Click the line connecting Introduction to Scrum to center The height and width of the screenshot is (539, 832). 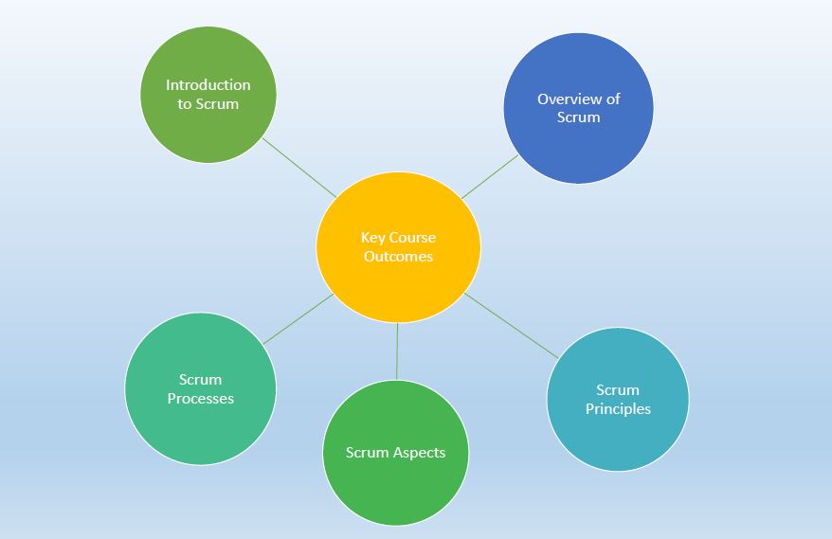pyautogui.click(x=298, y=168)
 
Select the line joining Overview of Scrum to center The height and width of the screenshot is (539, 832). pyautogui.click(x=490, y=176)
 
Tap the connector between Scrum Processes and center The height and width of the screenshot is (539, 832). pyautogui.click(x=298, y=318)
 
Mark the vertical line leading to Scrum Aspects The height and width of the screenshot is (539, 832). pyautogui.click(x=397, y=351)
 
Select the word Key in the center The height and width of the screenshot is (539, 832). pyautogui.click(x=373, y=238)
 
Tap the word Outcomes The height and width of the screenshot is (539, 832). pyautogui.click(x=398, y=257)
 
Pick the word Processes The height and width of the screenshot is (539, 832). pyautogui.click(x=200, y=399)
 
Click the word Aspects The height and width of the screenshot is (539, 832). pyautogui.click(x=420, y=453)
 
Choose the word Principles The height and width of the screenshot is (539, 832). pyautogui.click(x=618, y=409)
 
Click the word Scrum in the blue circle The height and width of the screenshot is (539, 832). pyautogui.click(x=579, y=117)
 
